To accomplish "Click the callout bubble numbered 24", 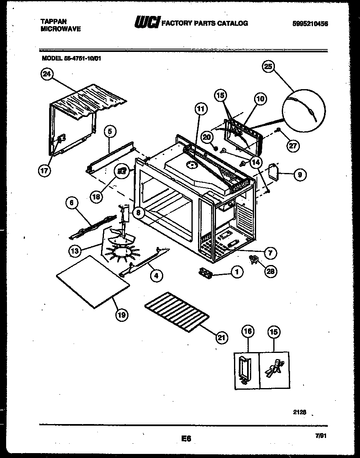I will click(47, 74).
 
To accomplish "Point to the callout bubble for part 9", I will click(299, 175).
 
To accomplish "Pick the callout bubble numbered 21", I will click(221, 337).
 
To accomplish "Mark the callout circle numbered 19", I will click(122, 314).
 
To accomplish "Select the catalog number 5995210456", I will click(310, 24).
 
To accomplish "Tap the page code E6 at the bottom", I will click(186, 439).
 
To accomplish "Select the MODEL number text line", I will click(72, 58).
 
